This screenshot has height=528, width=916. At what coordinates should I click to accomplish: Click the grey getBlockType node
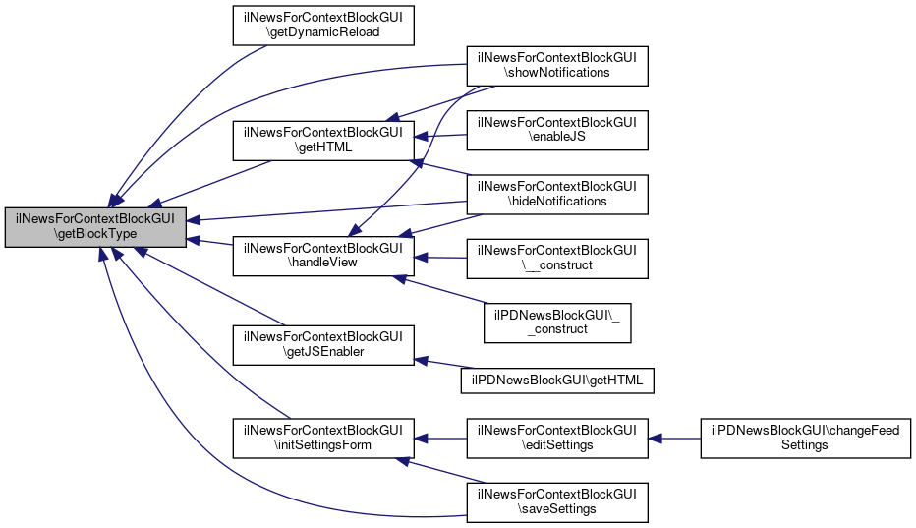[x=95, y=227]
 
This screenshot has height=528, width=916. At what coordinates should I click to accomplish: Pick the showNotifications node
[x=556, y=64]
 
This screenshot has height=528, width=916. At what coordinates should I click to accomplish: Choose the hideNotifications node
[x=556, y=194]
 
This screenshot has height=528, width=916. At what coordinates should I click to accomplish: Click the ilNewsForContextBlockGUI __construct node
[x=556, y=258]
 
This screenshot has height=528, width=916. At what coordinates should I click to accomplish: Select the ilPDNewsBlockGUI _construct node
[x=556, y=321]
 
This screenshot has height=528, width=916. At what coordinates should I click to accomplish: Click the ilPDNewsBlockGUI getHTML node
[x=556, y=379]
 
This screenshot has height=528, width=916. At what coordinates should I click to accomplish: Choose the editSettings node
[x=556, y=438]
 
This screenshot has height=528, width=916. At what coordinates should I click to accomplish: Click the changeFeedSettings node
[x=805, y=438]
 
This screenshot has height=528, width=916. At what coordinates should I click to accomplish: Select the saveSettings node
[x=556, y=500]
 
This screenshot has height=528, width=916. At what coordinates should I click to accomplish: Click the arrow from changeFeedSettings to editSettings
[x=673, y=438]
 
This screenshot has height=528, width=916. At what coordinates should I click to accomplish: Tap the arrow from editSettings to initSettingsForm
[x=439, y=438]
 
